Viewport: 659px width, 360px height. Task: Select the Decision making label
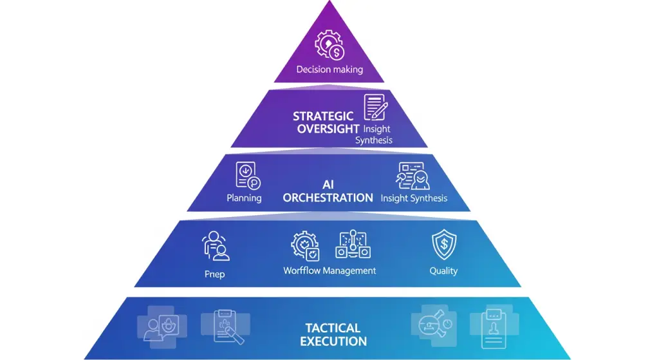(x=329, y=70)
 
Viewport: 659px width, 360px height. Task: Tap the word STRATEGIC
(x=323, y=117)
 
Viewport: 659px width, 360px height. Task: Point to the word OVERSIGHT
(x=328, y=129)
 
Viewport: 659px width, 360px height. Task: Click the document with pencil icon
(x=375, y=108)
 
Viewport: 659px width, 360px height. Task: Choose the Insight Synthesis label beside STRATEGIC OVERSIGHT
(x=373, y=135)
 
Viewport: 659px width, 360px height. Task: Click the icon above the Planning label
(x=246, y=175)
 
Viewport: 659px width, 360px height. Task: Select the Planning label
(x=244, y=198)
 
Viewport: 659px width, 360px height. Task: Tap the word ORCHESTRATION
(x=328, y=198)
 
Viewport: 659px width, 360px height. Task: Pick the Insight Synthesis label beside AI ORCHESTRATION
(x=414, y=198)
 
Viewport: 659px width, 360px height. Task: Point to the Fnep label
(x=214, y=274)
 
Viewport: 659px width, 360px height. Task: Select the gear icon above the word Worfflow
(x=305, y=246)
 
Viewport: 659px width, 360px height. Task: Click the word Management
(x=349, y=271)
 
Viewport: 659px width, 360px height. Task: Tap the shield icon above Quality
(x=443, y=245)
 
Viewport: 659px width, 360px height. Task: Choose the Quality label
(x=443, y=271)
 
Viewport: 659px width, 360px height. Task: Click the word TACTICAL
(x=333, y=328)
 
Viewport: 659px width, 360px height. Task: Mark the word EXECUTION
(x=333, y=341)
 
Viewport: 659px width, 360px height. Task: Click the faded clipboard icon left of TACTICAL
(x=222, y=327)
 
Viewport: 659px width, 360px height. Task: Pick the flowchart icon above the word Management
(x=353, y=245)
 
